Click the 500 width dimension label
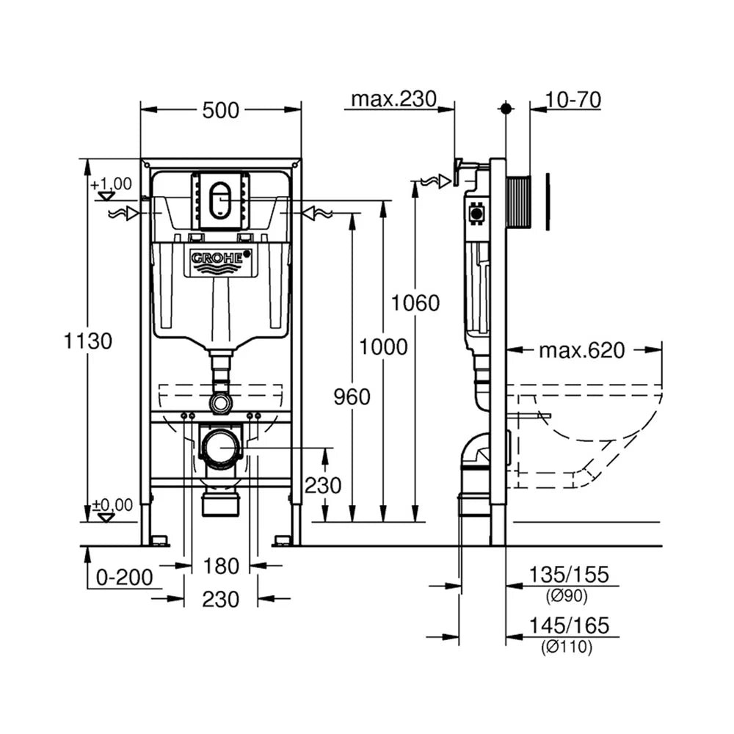pos(220,111)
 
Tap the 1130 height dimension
pos(88,341)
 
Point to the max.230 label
pos(393,99)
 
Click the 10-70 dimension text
pos(573,100)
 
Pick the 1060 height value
pos(415,303)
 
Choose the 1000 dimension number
pos(383,347)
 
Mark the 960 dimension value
pos(352,397)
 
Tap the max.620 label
pos(582,350)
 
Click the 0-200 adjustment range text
pos(125,577)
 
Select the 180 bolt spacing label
pos(221,567)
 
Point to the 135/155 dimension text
pos(569,575)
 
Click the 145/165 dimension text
pos(569,625)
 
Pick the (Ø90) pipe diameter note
pos(567,596)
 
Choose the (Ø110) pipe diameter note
pos(567,647)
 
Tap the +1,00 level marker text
pos(112,183)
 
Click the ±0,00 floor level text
pos(112,505)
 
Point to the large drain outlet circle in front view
pos(219,448)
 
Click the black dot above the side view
pos(506,109)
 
